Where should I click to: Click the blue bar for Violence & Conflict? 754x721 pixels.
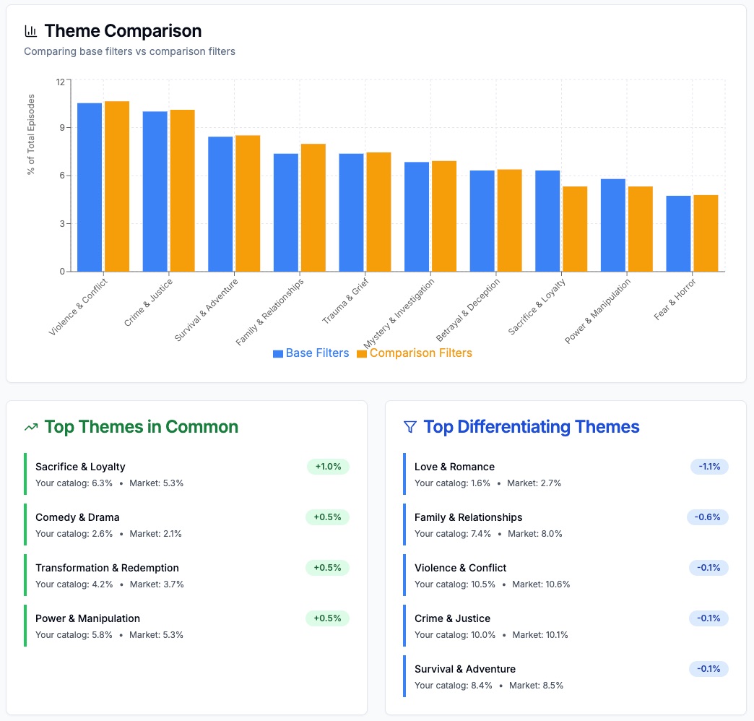(90, 187)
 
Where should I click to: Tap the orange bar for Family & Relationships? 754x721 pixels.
(313, 207)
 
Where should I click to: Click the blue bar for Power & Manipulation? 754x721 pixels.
(613, 225)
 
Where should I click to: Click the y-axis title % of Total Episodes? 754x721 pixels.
(31, 134)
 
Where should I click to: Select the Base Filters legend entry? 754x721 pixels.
(311, 353)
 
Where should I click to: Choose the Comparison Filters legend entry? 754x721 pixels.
(415, 353)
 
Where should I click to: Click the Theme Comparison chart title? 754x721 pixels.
(123, 31)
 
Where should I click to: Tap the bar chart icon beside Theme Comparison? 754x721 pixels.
(31, 31)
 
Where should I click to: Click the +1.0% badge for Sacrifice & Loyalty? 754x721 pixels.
(328, 467)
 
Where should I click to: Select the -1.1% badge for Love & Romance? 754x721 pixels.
(709, 467)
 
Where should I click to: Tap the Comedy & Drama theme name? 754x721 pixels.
(77, 517)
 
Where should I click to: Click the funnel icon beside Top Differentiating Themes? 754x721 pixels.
(409, 427)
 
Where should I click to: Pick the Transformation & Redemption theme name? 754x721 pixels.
(107, 568)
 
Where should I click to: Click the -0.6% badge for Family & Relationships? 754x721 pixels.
(708, 517)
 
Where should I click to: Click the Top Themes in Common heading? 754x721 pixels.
(141, 427)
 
